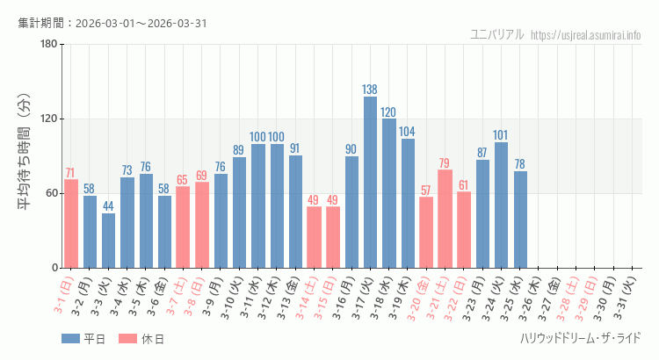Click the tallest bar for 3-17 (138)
[370, 183]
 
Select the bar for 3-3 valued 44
[108, 241]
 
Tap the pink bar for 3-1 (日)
[71, 224]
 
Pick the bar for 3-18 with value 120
[388, 193]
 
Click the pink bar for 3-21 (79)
[445, 219]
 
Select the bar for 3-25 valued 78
[520, 220]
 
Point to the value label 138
[370, 90]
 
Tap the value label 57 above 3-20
[426, 190]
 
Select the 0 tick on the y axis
[54, 268]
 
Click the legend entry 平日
[83, 338]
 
